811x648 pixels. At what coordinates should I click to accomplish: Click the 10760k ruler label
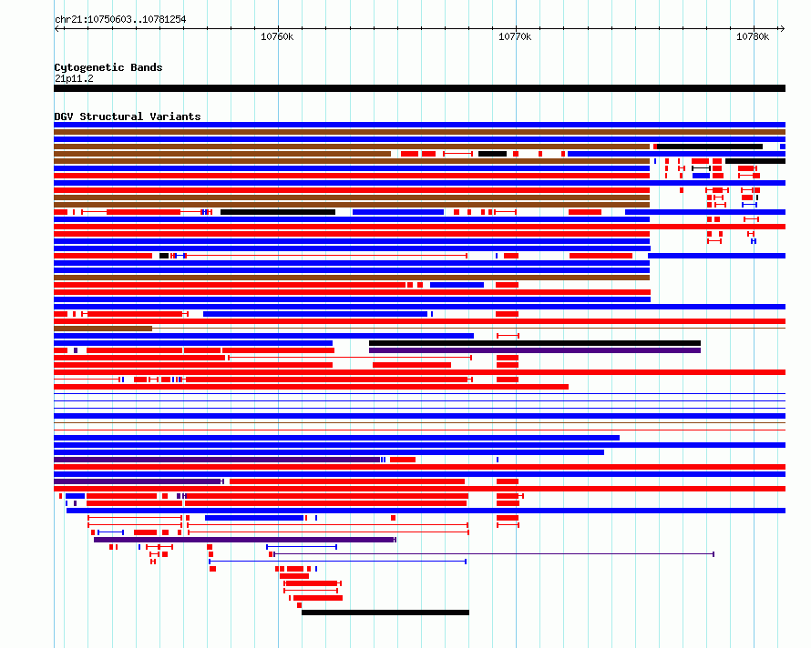pos(277,36)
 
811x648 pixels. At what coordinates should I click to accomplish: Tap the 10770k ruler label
pos(515,36)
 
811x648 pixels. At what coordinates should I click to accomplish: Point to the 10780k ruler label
pos(753,36)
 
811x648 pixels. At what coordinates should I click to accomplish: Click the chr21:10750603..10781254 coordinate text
pos(120,20)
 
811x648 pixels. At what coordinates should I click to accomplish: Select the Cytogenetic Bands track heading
pos(108,67)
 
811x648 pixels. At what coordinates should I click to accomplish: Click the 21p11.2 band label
pos(74,78)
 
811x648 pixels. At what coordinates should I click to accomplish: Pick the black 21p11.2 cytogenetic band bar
pos(419,88)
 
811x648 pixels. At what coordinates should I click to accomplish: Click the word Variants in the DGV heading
pos(175,116)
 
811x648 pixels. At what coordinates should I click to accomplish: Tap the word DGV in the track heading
pos(64,116)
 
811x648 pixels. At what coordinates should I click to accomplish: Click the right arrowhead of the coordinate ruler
pos(783,29)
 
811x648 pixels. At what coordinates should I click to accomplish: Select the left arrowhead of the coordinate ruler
pos(56,29)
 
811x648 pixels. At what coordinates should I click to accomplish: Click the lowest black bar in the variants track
pos(385,613)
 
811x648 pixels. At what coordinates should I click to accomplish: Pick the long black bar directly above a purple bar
pos(535,343)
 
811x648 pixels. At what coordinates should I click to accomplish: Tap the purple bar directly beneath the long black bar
pos(535,350)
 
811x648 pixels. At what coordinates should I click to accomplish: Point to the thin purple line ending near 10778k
pos(494,554)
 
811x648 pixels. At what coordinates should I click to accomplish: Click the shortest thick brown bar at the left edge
pos(103,329)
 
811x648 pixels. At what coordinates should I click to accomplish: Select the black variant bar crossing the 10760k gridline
pos(278,212)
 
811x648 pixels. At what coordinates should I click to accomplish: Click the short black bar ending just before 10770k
pos(492,154)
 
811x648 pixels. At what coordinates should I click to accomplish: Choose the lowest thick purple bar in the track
pos(244,540)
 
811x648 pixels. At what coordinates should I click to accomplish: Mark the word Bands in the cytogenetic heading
pos(147,67)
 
